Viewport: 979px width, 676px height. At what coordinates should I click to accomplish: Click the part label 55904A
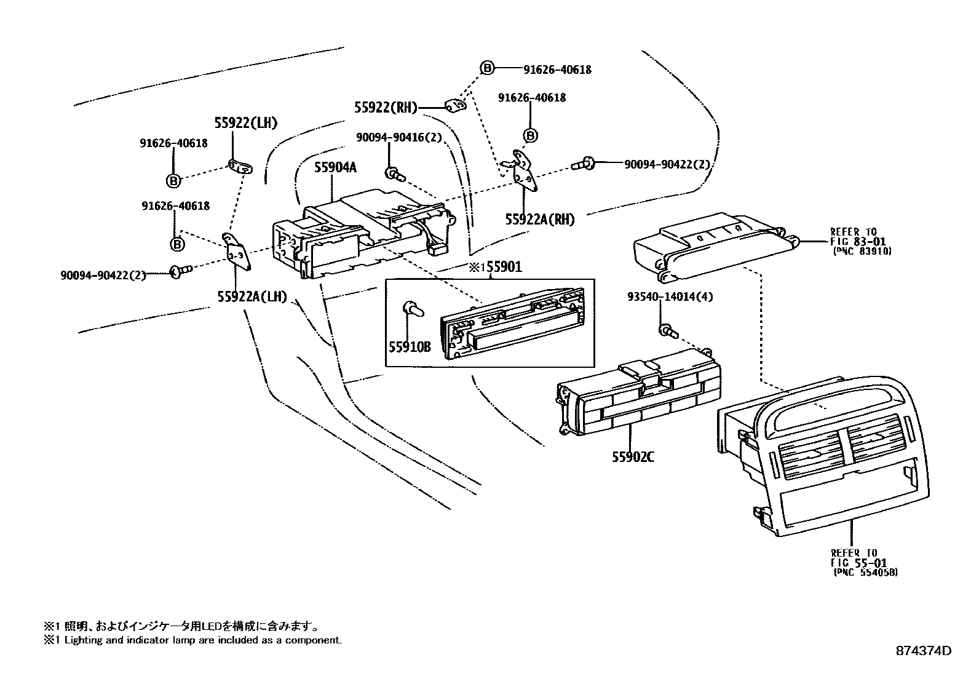tap(335, 167)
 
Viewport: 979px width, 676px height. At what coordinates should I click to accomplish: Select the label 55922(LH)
tap(245, 123)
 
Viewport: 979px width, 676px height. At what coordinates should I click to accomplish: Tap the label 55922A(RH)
tap(539, 219)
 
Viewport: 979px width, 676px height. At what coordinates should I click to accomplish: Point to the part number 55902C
tap(632, 456)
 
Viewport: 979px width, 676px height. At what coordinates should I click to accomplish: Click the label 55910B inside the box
tap(409, 346)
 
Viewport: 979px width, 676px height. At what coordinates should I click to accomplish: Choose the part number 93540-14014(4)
tap(670, 296)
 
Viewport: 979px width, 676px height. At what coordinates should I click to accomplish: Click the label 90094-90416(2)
tap(398, 138)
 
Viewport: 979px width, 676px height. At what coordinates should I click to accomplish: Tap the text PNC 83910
tap(862, 251)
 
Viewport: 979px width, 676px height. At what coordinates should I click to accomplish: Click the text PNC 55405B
tap(865, 572)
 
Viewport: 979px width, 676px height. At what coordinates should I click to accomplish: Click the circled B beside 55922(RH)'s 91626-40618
tap(486, 68)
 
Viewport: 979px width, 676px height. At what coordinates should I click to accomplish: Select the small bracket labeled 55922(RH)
tap(455, 107)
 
